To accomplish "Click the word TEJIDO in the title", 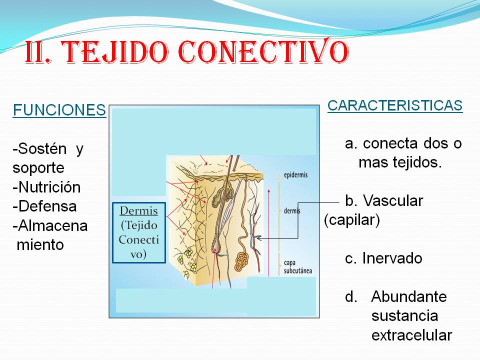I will [x=119, y=52].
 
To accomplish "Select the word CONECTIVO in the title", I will [x=262, y=52].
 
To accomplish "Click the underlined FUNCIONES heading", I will [x=59, y=110].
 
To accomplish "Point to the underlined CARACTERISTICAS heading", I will [x=395, y=105].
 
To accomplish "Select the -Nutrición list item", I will [x=46, y=187].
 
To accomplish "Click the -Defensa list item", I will [x=44, y=206].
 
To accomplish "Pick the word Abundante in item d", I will [x=408, y=296].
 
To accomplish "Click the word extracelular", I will [x=411, y=335].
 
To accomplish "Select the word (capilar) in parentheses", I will [x=352, y=220].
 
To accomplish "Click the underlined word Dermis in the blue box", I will [x=139, y=210].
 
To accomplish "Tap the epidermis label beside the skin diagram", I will [x=295, y=175].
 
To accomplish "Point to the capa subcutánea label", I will [x=298, y=266].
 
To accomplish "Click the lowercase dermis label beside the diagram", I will [x=292, y=211].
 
